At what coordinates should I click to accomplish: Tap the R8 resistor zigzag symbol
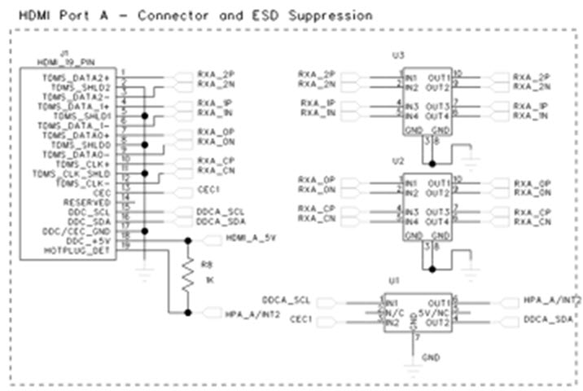188,280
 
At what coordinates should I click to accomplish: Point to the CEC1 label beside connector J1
209,192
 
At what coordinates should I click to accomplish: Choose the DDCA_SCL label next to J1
221,211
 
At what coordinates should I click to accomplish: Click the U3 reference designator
397,55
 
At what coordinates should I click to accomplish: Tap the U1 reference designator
394,280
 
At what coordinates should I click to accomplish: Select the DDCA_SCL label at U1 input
284,300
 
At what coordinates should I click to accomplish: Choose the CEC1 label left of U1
302,319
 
